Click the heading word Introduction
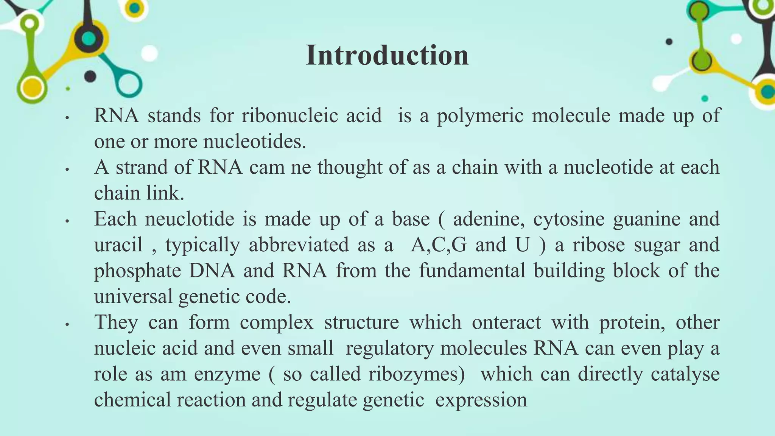[387, 55]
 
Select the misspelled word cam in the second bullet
[267, 167]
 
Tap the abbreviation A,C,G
[439, 245]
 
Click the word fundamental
[472, 270]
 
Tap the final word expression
[481, 400]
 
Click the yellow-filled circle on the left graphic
[32, 87]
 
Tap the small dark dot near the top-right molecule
[669, 42]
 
